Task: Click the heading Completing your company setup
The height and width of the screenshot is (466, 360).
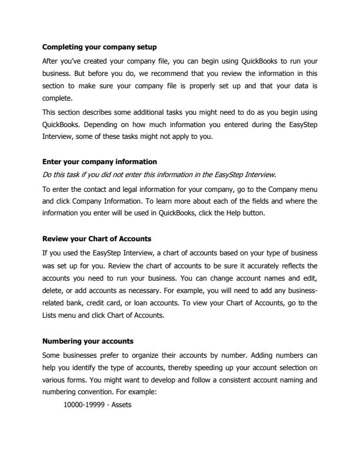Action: coord(99,46)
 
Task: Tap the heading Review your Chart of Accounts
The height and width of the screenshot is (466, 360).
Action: coord(96,239)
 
